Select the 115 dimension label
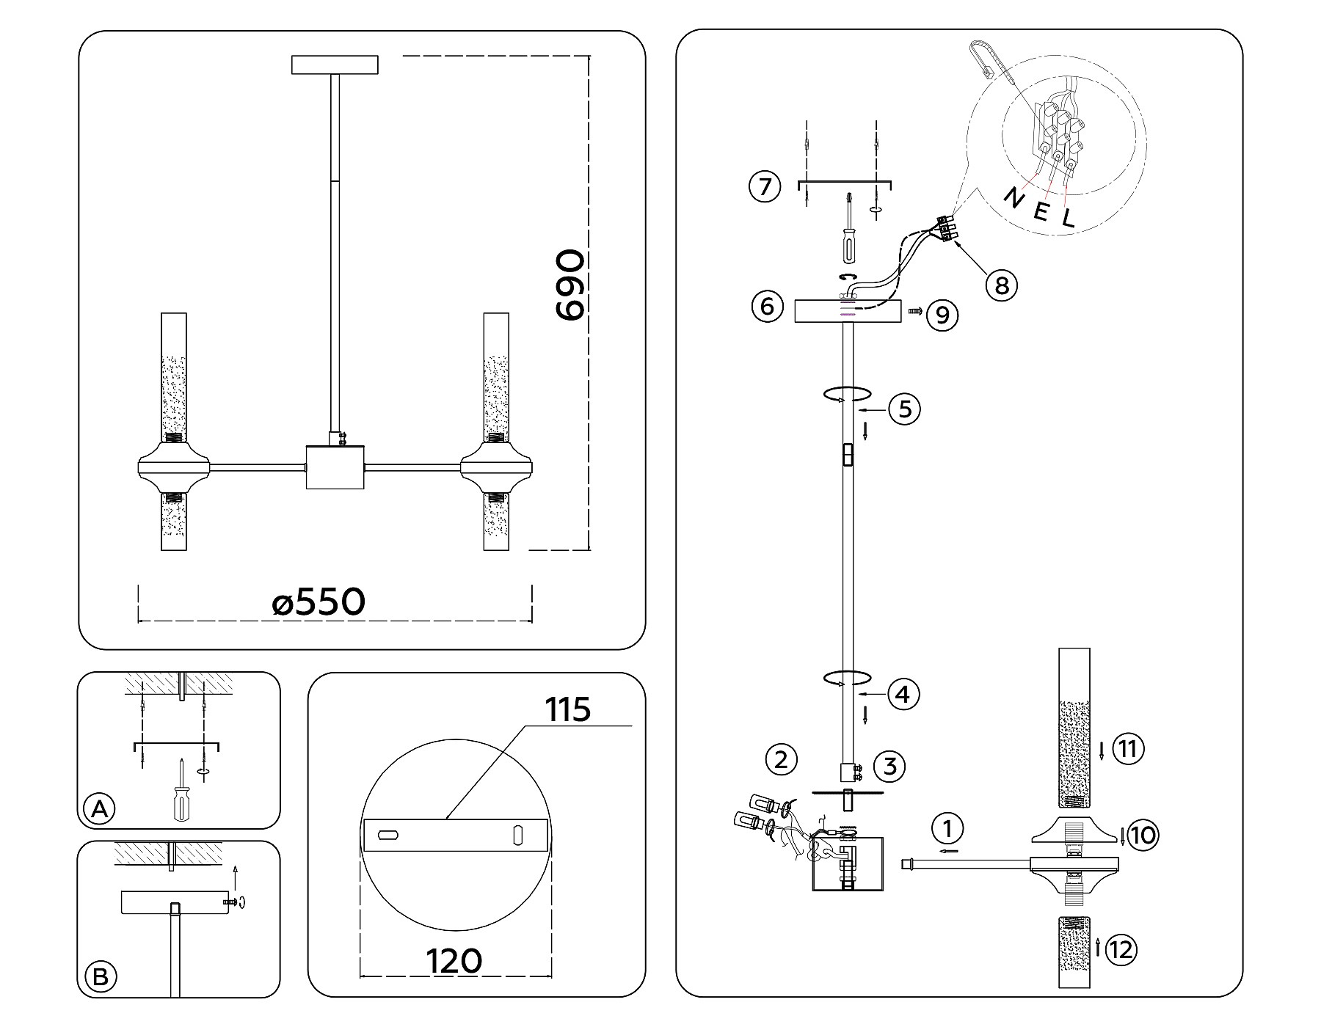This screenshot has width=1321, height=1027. click(x=568, y=709)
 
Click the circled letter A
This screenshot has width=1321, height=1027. click(x=99, y=809)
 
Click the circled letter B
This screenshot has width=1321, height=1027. click(x=99, y=977)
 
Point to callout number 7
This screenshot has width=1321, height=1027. click(x=765, y=186)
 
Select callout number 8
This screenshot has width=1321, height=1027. click(x=1001, y=285)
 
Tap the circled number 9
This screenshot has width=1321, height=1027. click(x=942, y=315)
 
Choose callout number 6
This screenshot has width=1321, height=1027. click(x=767, y=306)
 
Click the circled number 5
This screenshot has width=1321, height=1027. click(x=904, y=409)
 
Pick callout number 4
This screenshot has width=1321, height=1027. click(x=903, y=693)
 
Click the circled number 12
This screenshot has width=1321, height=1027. click(x=1121, y=951)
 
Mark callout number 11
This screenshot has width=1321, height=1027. click(x=1128, y=749)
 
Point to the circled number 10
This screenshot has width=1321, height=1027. click(x=1143, y=835)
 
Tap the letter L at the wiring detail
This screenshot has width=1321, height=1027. click(x=1068, y=216)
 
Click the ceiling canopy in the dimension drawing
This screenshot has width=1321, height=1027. click(x=335, y=65)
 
